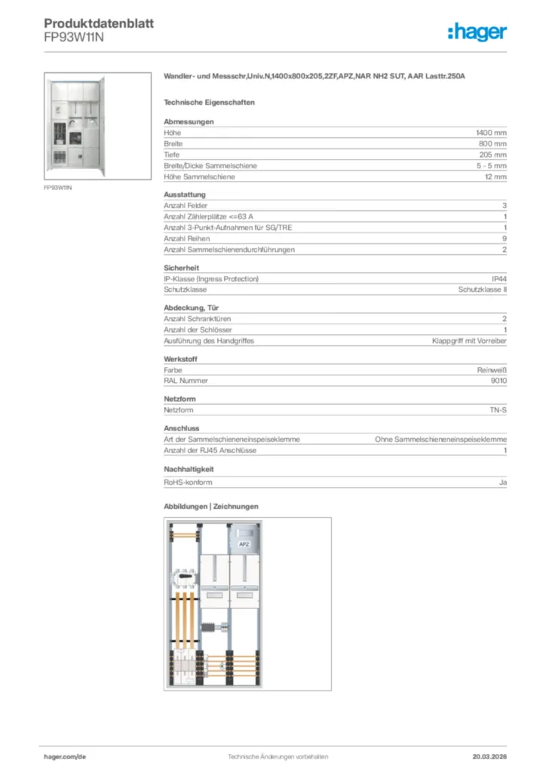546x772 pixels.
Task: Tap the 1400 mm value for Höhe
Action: [491, 133]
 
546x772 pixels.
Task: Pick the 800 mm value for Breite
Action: [492, 143]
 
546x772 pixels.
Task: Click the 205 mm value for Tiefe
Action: [492, 155]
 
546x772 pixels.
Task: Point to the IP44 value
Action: [498, 279]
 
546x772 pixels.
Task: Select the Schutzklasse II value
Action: [482, 289]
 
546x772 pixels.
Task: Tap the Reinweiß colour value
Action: [492, 370]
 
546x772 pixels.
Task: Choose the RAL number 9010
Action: [498, 381]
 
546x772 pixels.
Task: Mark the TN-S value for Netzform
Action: [498, 410]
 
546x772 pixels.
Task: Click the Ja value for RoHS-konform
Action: [502, 482]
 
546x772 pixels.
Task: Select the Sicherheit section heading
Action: [181, 268]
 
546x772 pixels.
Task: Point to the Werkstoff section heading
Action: [180, 360]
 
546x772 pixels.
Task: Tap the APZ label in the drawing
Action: [244, 544]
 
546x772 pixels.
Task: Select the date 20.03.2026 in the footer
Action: [489, 756]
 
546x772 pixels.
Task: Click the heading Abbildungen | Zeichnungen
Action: [211, 507]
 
